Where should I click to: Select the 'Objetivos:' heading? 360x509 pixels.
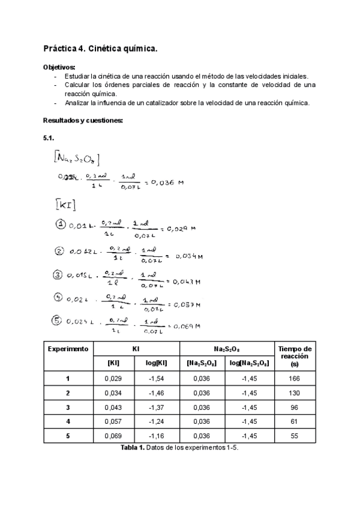tap(59, 67)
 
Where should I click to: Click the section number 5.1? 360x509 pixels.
tap(49, 138)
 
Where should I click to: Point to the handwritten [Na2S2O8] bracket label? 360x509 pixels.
tap(76, 158)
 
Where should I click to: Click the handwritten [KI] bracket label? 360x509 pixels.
tap(65, 205)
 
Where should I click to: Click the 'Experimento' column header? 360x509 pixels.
tap(68, 349)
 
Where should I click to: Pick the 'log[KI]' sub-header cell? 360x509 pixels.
tap(155, 363)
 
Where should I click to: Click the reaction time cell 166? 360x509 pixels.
tap(294, 378)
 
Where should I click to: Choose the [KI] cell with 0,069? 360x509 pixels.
tap(112, 436)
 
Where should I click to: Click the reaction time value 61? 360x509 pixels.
tap(294, 421)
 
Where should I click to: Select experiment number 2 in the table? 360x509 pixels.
tap(68, 393)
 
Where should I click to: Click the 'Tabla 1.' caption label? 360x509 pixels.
tap(133, 448)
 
